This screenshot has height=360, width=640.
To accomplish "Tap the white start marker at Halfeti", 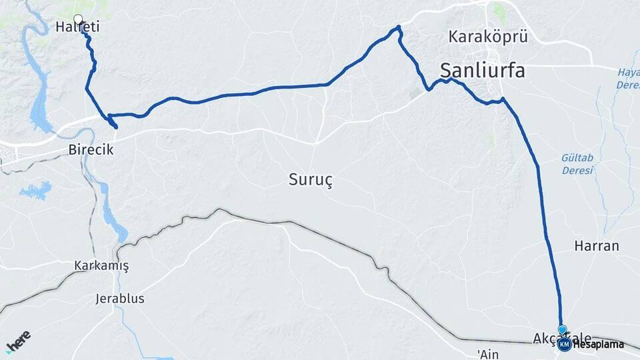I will [x=78, y=19].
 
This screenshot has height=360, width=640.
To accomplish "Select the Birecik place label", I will [x=91, y=150].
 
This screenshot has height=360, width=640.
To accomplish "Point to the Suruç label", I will [x=311, y=179].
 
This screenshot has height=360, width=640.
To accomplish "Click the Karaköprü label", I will [x=488, y=37].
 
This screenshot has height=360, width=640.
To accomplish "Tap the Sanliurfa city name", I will [x=482, y=70].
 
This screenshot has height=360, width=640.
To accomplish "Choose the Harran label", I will [x=596, y=246].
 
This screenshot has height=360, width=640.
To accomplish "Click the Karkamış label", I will [x=102, y=266].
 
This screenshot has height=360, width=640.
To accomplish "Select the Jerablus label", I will [x=120, y=299].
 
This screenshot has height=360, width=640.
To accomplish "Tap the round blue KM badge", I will [x=565, y=345].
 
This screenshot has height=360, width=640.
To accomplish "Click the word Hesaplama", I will [x=598, y=345].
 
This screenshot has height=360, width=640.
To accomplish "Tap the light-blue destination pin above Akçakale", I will [x=562, y=329].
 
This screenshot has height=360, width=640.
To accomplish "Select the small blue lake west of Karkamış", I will [x=35, y=191].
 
